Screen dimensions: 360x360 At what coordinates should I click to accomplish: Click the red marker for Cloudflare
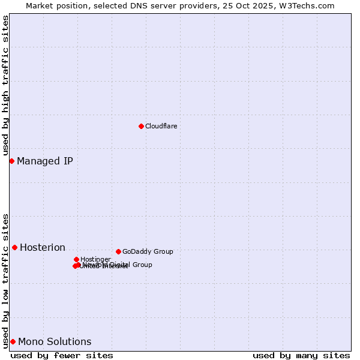pos(141,126)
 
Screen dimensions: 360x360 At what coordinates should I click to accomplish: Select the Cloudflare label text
pos(161,126)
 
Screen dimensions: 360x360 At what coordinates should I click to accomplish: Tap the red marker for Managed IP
pos(11,161)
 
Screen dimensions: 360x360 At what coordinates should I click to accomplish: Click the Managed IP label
pos(45,161)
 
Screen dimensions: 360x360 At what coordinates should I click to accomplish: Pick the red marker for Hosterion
pos(14,247)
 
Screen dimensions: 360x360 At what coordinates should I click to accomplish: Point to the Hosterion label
pos(43,247)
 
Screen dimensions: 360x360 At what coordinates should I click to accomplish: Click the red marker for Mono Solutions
pos(13,341)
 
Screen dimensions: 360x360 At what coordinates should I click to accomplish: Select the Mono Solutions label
pos(55,341)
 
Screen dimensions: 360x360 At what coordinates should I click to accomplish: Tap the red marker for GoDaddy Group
pos(118,251)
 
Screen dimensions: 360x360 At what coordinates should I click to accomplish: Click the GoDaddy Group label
pos(148,251)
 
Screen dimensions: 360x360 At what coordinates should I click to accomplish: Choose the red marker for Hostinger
pos(76,259)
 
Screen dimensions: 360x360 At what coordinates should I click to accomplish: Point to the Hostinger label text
pos(95,259)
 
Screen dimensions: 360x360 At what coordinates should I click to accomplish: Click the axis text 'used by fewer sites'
pos(62,355)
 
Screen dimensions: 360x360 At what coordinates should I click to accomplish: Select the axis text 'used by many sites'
pos(301,355)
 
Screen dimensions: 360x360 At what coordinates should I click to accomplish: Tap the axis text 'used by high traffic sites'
pos(5,85)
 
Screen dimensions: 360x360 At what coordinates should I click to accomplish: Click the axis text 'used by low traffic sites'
pos(5,280)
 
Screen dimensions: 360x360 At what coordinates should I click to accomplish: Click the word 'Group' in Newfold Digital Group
pos(142,265)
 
